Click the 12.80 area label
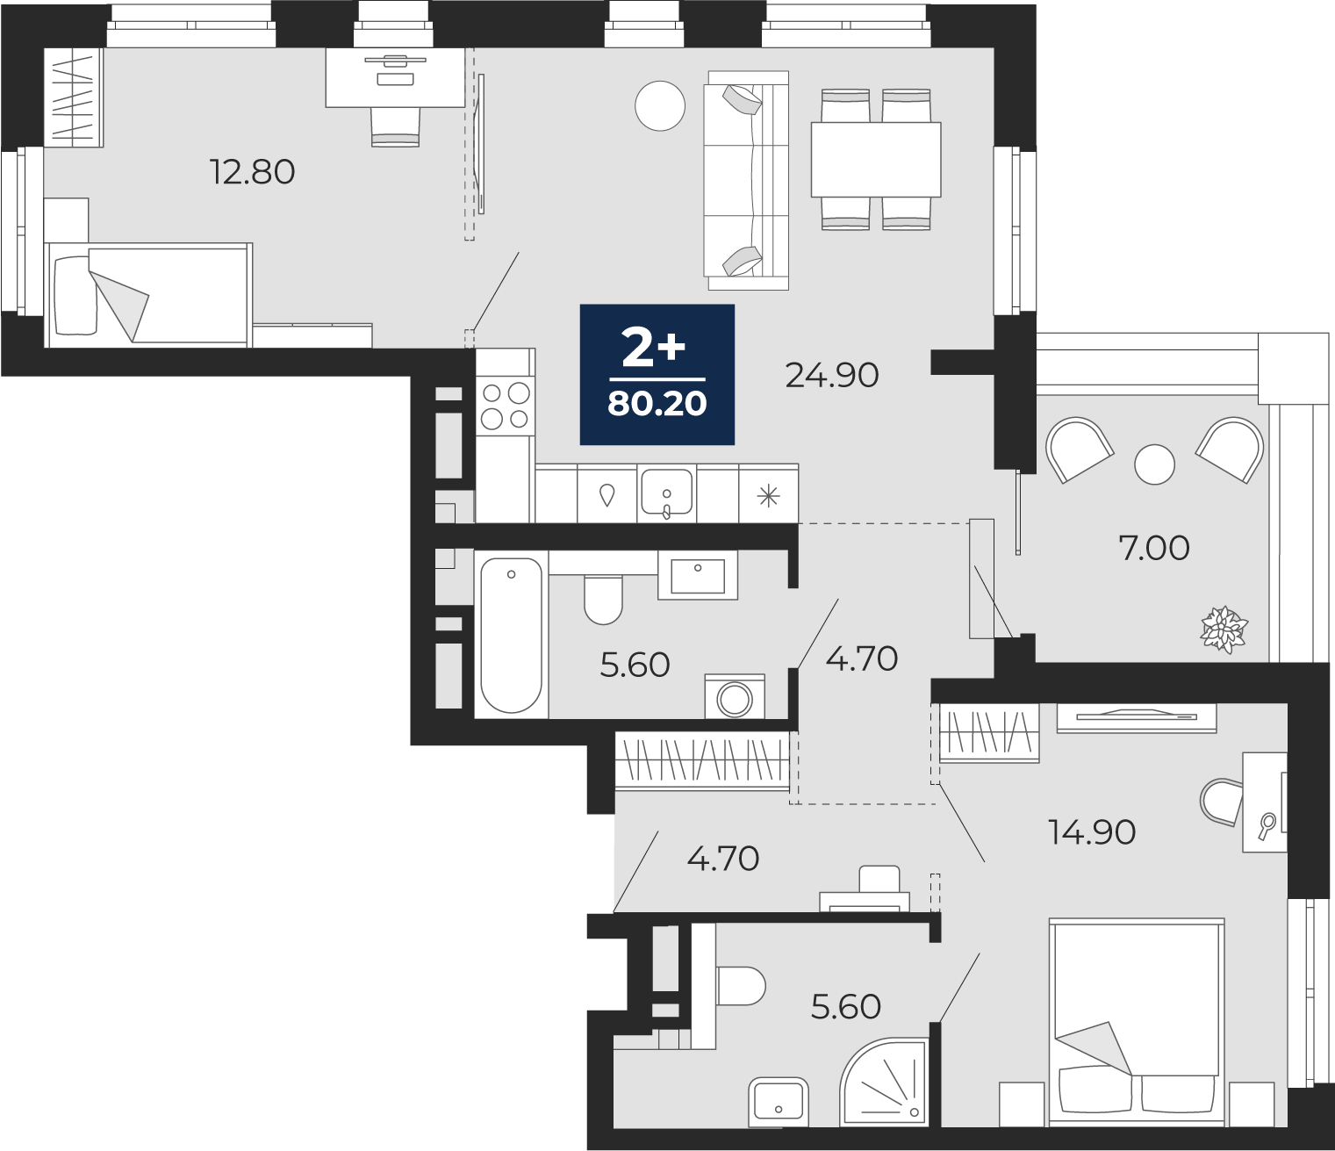click(x=253, y=172)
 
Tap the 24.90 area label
click(x=832, y=375)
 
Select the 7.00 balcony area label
click(x=1153, y=549)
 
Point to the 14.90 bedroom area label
click(x=1092, y=832)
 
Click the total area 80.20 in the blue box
click(x=657, y=405)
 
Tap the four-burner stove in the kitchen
click(x=506, y=406)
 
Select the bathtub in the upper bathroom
click(x=511, y=635)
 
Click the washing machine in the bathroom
click(x=735, y=696)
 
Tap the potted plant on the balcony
click(x=1224, y=629)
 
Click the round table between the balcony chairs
click(x=1155, y=464)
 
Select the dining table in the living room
click(x=876, y=160)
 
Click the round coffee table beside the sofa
click(x=659, y=106)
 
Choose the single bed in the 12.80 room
click(x=148, y=295)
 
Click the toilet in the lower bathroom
click(x=741, y=986)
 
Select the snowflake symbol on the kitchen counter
click(x=768, y=497)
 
